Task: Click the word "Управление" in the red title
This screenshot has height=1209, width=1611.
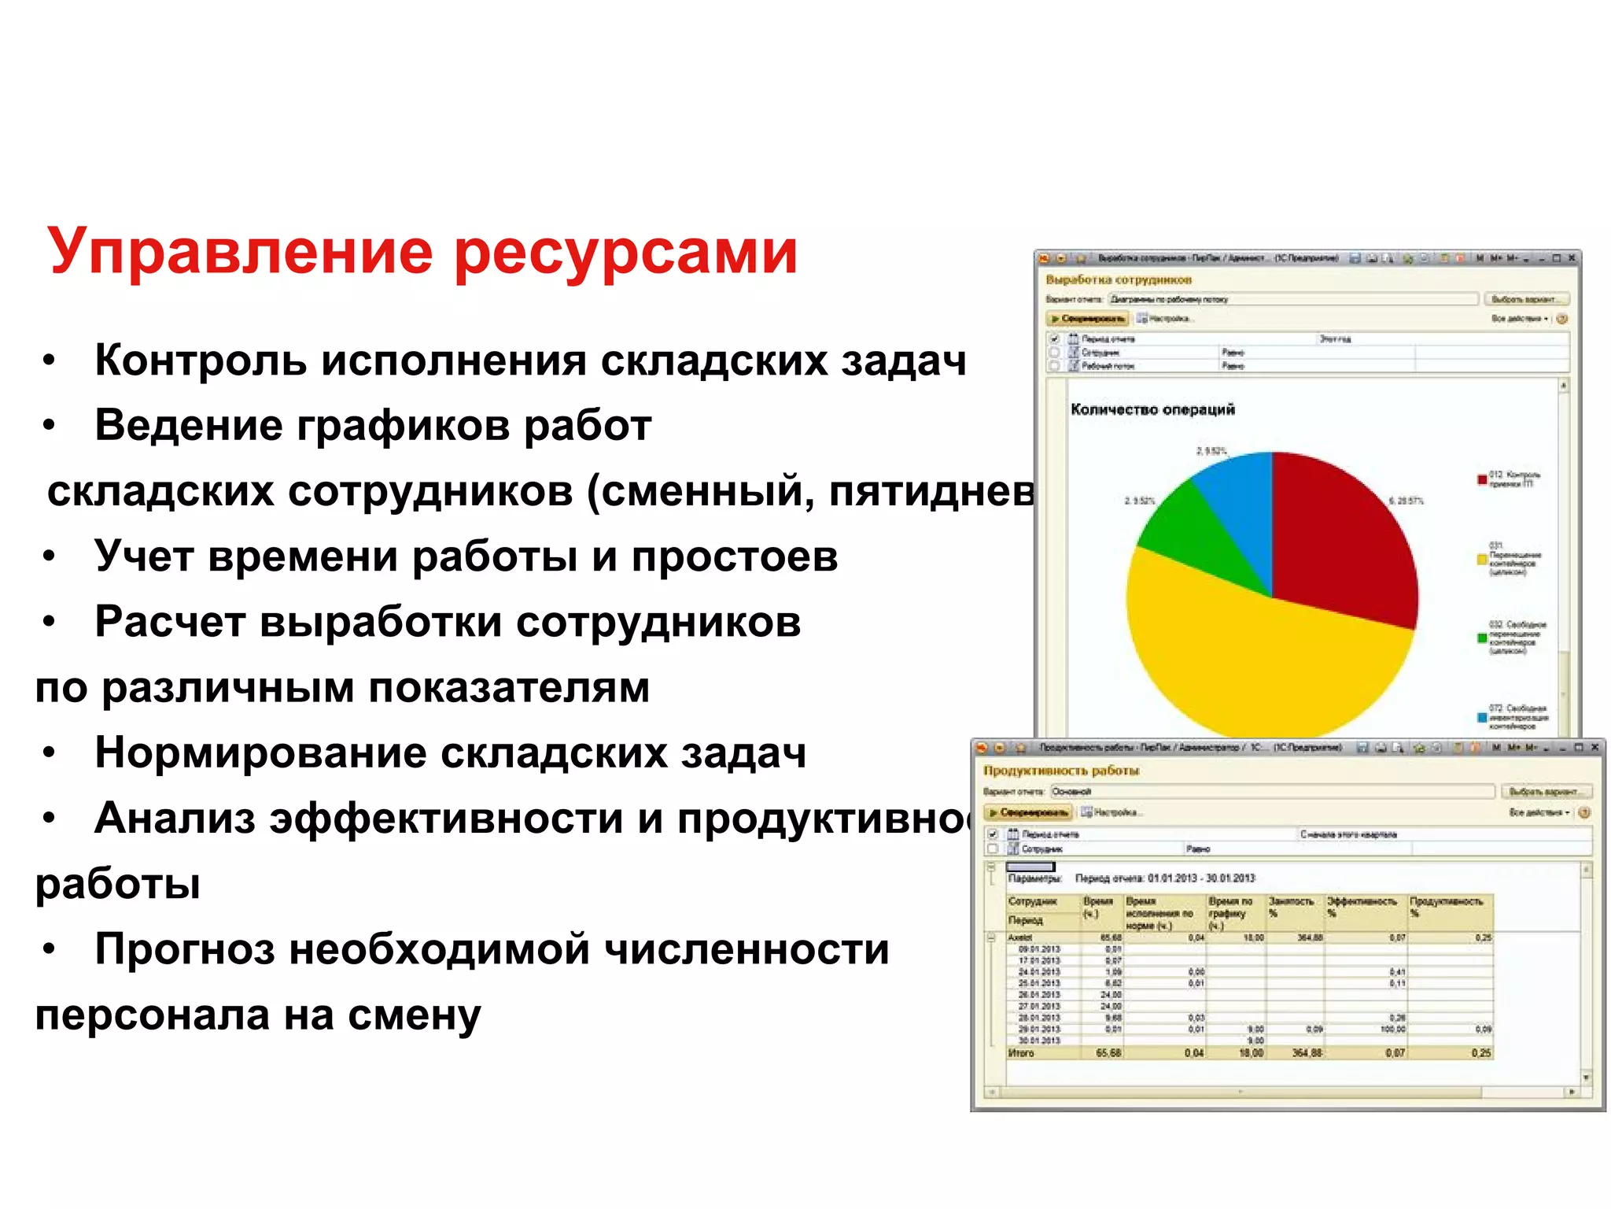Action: [240, 252]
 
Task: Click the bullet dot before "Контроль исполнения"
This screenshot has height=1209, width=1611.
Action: [50, 361]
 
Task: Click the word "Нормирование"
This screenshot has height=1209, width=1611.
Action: [260, 752]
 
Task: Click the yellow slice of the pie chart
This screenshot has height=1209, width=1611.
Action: [1259, 661]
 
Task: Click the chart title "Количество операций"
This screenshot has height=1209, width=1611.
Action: [1152, 409]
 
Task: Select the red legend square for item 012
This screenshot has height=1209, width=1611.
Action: [1482, 479]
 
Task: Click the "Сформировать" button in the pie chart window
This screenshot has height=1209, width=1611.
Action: [1088, 319]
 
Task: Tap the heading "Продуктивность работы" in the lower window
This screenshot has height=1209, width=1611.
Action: [1060, 771]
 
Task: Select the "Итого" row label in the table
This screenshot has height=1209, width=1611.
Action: [1021, 1053]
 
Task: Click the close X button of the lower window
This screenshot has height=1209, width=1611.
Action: [1594, 747]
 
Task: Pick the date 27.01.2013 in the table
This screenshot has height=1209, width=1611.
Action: [1039, 1006]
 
